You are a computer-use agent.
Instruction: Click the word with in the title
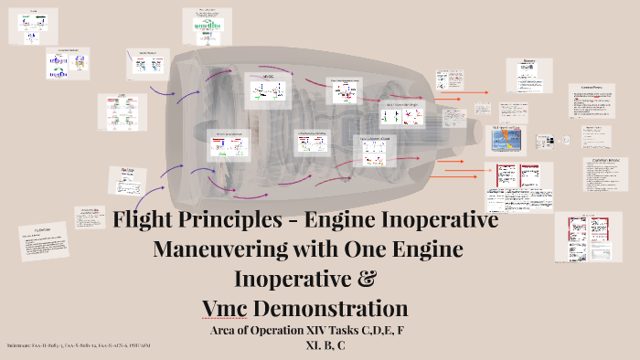pos(316,249)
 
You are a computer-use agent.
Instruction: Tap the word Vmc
pos(260,303)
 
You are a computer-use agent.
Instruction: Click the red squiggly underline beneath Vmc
pos(260,316)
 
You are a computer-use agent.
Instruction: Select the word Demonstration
pos(347,303)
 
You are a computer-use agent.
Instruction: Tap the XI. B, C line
pos(327,345)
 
